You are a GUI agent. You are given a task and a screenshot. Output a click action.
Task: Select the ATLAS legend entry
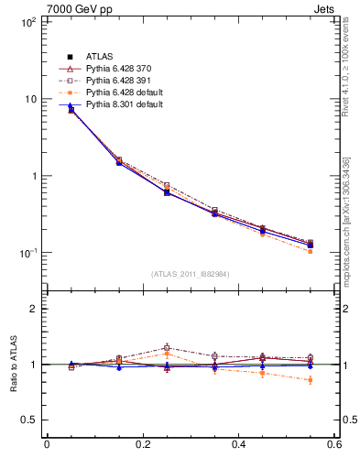click(x=99, y=57)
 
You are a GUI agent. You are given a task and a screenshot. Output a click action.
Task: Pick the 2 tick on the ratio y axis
click(x=32, y=309)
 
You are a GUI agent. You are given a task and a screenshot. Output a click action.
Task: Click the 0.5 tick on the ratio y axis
click(x=27, y=420)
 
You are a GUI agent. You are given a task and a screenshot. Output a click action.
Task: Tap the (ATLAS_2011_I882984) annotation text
click(x=191, y=274)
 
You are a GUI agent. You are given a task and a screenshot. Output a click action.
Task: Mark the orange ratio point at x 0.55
click(x=310, y=379)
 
